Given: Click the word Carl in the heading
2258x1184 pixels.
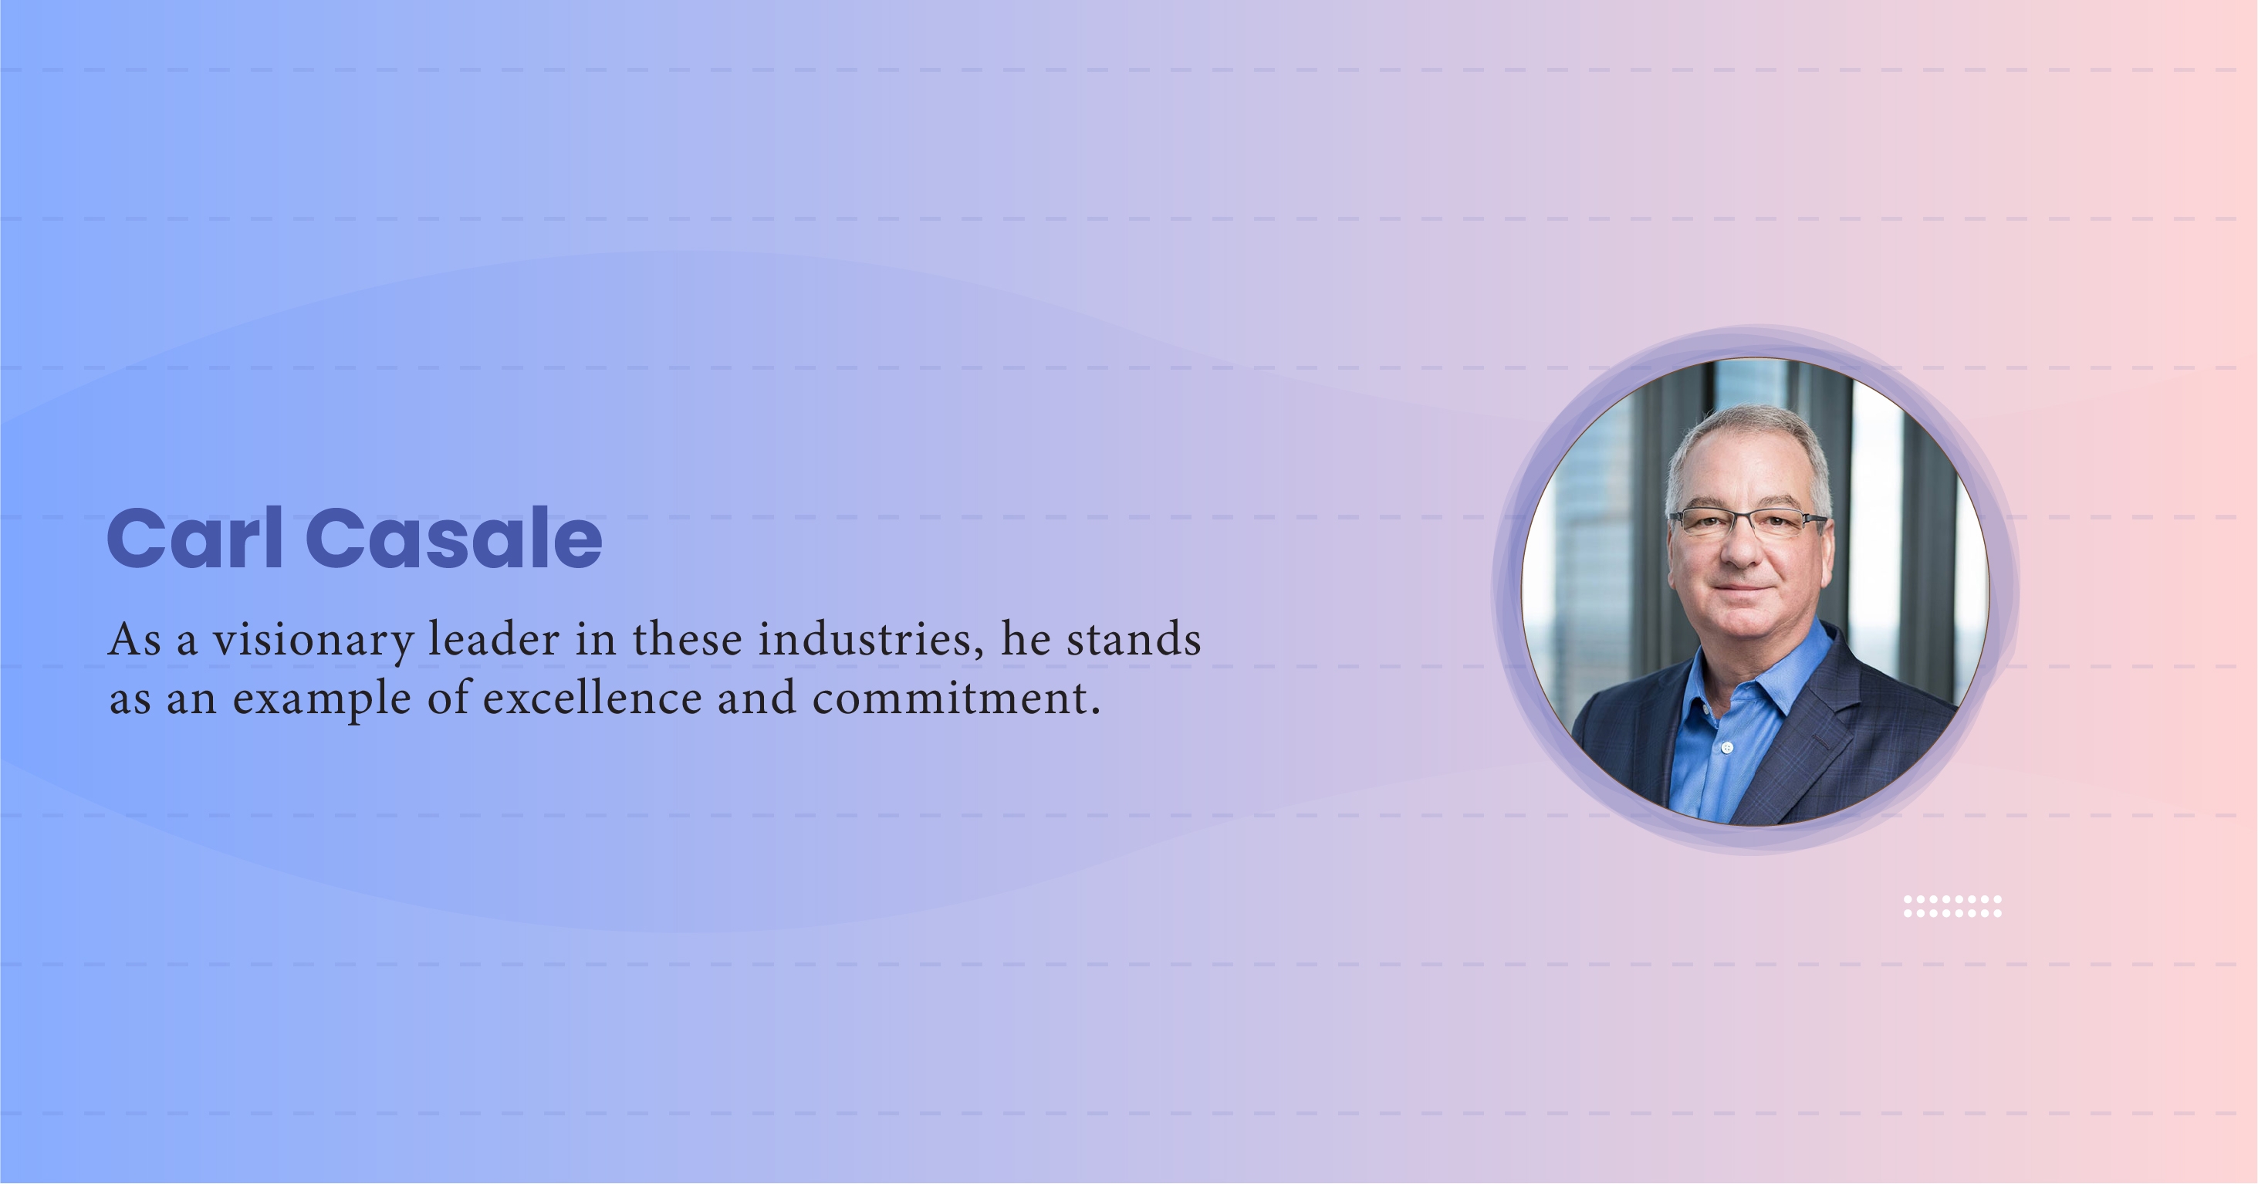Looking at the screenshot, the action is pyautogui.click(x=194, y=537).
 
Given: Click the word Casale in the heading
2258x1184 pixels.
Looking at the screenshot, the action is pyautogui.click(x=454, y=537).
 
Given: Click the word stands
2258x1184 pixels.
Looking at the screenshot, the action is pyautogui.click(x=1134, y=639).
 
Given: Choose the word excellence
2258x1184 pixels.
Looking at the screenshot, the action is pyautogui.click(x=593, y=698).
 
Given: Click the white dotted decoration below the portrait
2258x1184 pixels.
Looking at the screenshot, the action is pyautogui.click(x=1952, y=906).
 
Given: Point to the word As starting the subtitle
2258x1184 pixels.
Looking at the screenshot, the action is pyautogui.click(x=135, y=640).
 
